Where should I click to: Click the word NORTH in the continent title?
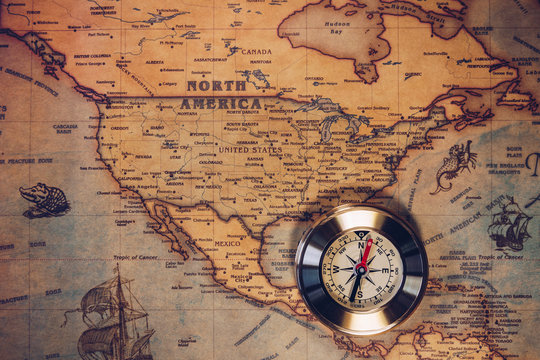click(216, 87)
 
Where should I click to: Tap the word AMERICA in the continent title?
click(221, 103)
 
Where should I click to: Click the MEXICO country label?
click(228, 243)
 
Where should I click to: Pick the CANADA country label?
click(256, 52)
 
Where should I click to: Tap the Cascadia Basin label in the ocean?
click(65, 128)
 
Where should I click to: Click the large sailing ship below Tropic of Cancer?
click(114, 319)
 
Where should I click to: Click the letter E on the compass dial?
click(385, 270)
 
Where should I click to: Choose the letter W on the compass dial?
click(337, 269)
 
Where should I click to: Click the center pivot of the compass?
click(361, 269)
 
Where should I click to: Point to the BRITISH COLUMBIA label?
click(92, 57)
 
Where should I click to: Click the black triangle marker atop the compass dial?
click(362, 235)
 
